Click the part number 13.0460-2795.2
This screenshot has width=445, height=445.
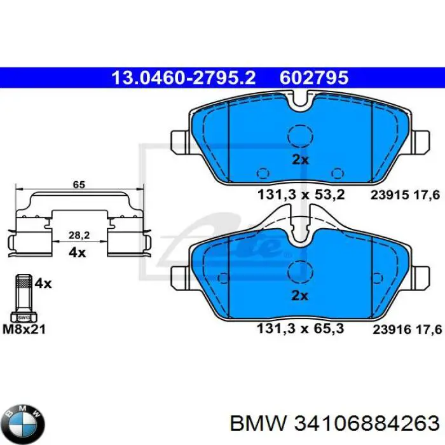coord(184,78)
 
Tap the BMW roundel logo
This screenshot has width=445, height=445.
coord(24,421)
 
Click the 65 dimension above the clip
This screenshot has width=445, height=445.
coord(78,184)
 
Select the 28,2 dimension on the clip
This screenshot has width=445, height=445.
coord(78,235)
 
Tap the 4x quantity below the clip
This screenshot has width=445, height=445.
coord(77,252)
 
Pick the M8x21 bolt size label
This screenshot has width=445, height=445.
coord(25,329)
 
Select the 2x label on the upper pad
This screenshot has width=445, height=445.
coord(299,160)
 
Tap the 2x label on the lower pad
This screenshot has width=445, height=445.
coord(299,295)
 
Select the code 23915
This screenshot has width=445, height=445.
coord(388,195)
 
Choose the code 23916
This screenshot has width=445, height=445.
coord(388,330)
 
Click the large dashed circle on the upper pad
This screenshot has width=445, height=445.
coord(299,135)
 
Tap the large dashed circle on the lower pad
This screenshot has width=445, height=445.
coord(299,270)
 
